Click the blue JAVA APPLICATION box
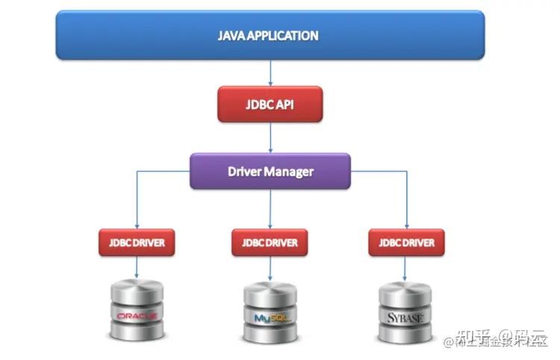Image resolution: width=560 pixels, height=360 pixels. click(x=270, y=36)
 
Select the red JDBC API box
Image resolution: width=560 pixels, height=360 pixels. click(x=270, y=104)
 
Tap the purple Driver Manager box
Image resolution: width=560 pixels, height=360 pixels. click(x=270, y=171)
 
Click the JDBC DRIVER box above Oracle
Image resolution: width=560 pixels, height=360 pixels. click(x=137, y=243)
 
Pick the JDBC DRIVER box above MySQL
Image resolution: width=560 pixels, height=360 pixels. click(x=270, y=243)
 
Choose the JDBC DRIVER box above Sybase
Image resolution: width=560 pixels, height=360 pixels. click(x=406, y=243)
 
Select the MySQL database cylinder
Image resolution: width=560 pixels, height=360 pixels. click(x=270, y=312)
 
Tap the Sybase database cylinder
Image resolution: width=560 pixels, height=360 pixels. click(x=406, y=312)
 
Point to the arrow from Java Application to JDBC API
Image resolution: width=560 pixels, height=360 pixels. click(x=270, y=73)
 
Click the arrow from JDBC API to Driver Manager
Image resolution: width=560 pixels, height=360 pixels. click(x=270, y=137)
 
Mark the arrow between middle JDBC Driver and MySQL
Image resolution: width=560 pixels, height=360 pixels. click(x=270, y=269)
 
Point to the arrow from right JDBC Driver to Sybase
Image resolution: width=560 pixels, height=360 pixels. click(x=406, y=269)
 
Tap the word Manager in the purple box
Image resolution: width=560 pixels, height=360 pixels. click(x=290, y=171)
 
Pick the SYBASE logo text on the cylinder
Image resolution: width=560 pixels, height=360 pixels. click(x=406, y=317)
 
